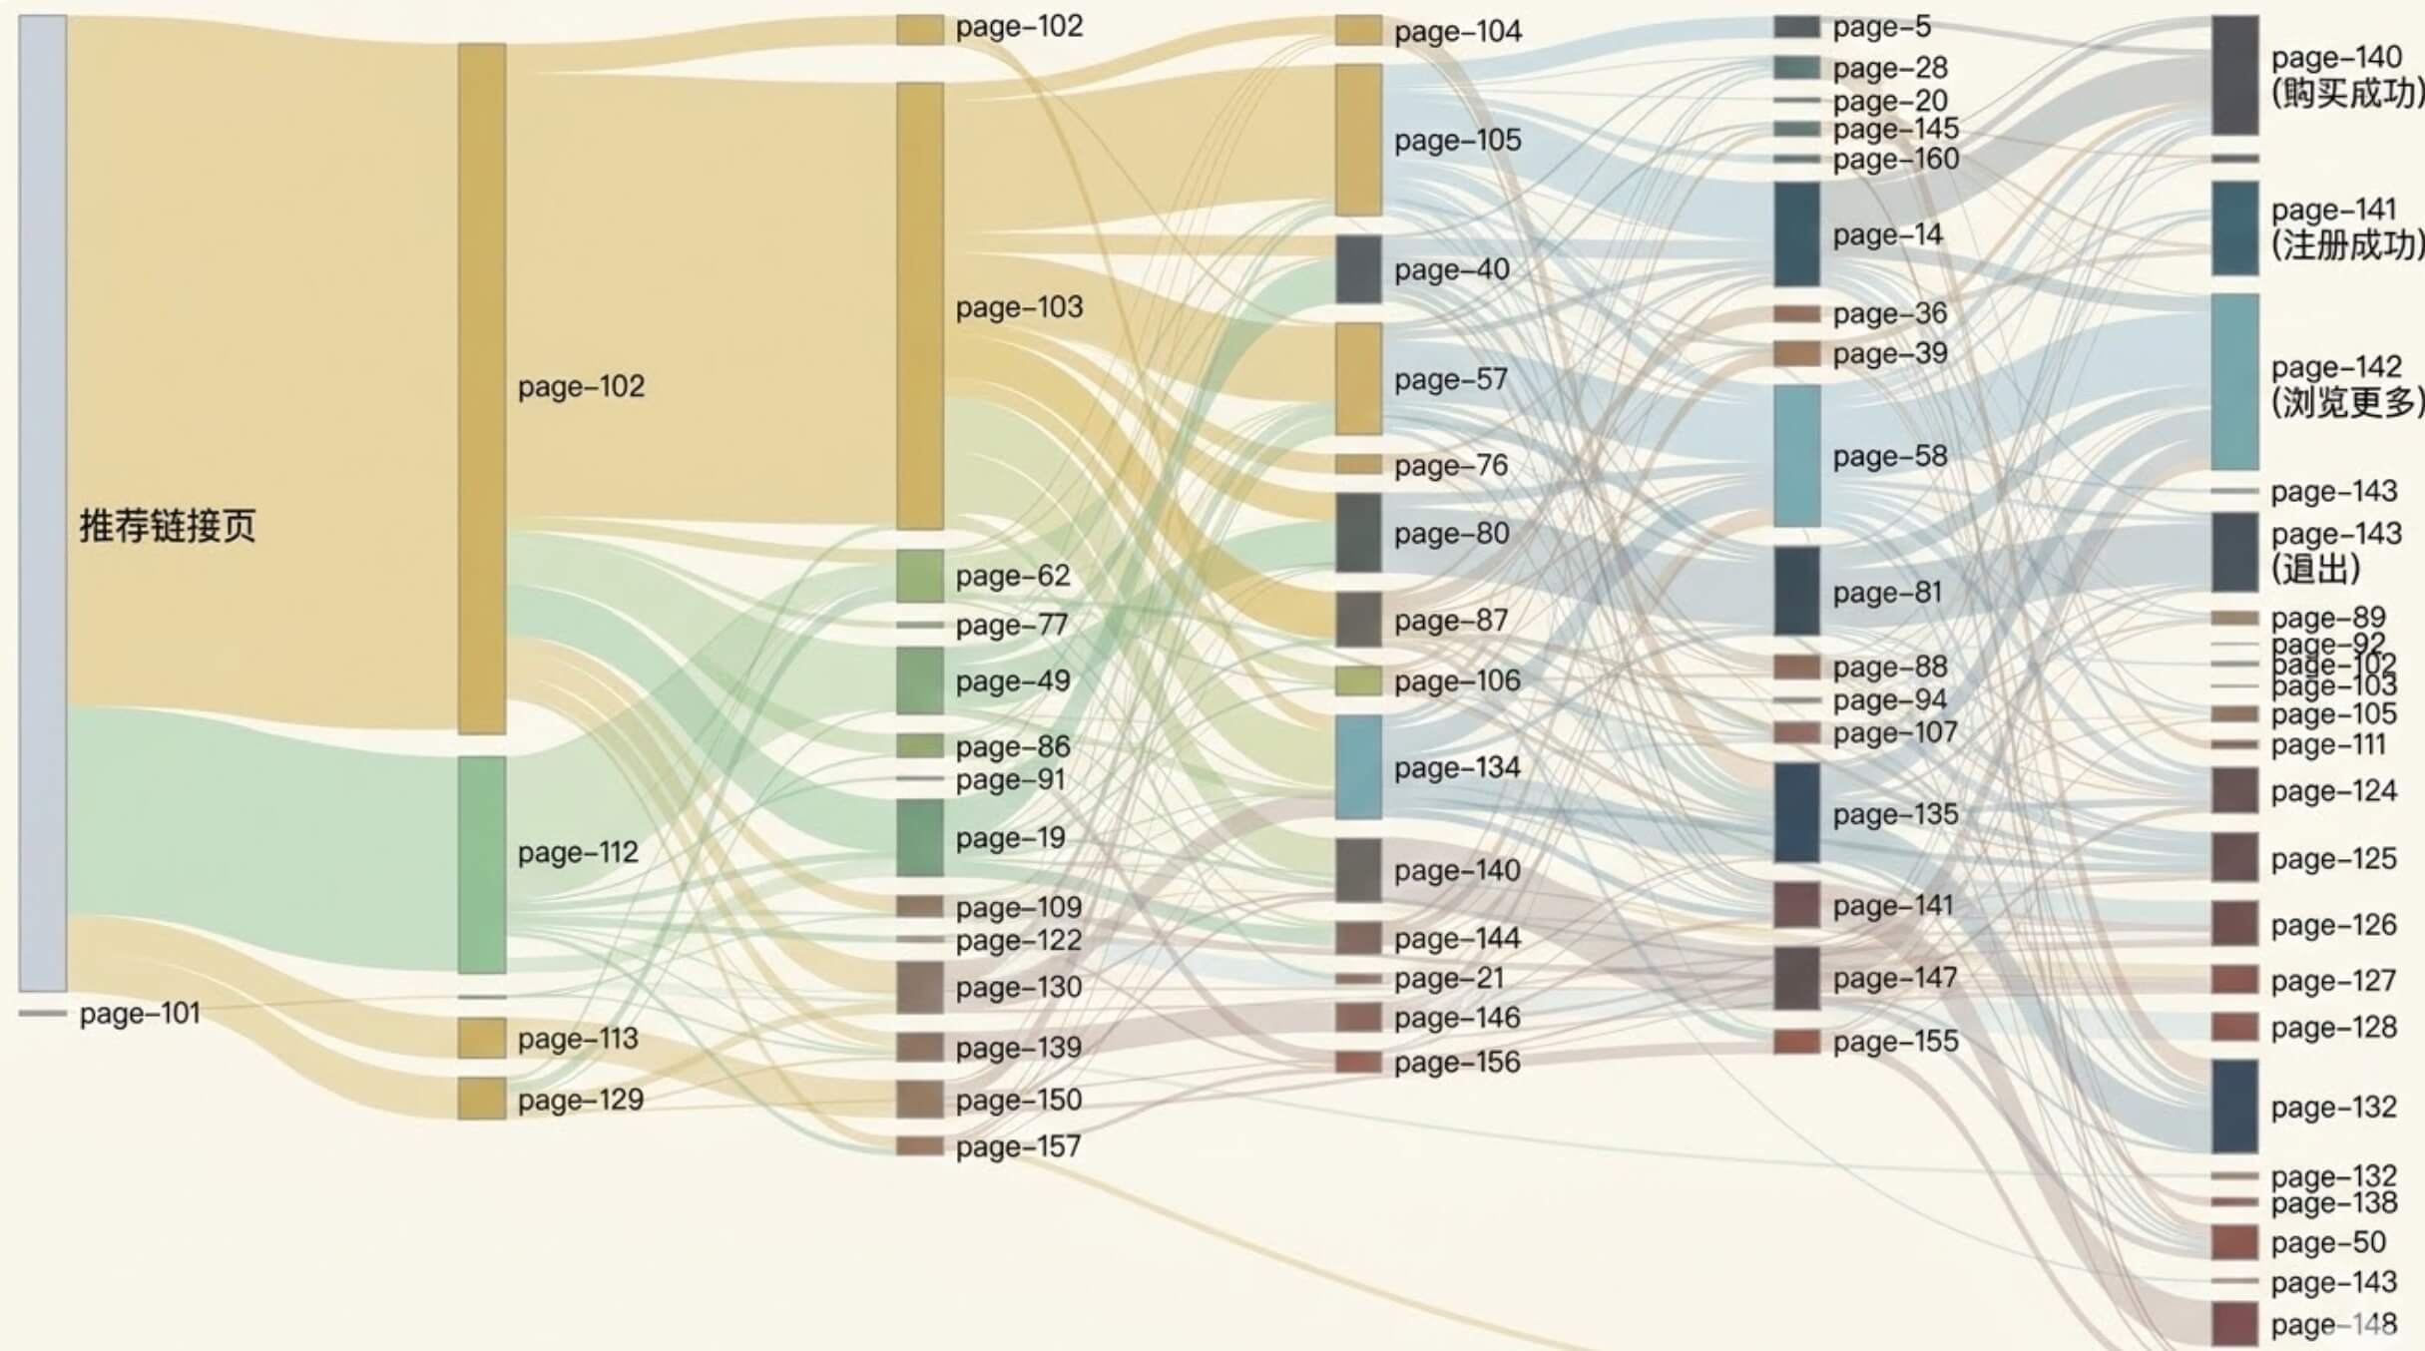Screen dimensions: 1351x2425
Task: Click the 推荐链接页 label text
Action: pos(167,526)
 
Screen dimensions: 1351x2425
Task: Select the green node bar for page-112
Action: pos(481,864)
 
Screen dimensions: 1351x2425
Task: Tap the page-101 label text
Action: pos(140,1014)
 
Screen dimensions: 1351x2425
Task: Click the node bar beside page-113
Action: pos(481,1038)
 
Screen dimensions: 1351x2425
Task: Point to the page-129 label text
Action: pos(580,1100)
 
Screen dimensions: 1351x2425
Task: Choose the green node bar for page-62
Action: pos(919,576)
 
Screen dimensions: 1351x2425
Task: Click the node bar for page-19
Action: pos(919,838)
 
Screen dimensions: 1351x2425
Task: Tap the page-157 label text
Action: pos(1018,1146)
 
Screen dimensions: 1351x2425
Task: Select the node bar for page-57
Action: pos(1358,379)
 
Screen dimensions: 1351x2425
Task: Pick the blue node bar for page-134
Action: pos(1358,767)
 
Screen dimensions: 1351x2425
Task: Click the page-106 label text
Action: pos(1457,681)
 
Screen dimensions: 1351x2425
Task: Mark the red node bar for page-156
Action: pos(1358,1062)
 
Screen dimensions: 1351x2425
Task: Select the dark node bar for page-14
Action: pos(1796,234)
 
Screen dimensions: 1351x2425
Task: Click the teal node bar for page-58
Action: pos(1796,456)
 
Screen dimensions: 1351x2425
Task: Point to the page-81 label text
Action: pos(1887,593)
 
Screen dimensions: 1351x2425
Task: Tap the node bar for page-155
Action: pos(1796,1042)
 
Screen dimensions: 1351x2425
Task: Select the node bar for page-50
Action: pos(2234,1242)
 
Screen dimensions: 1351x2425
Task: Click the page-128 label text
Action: pos(2333,1028)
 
